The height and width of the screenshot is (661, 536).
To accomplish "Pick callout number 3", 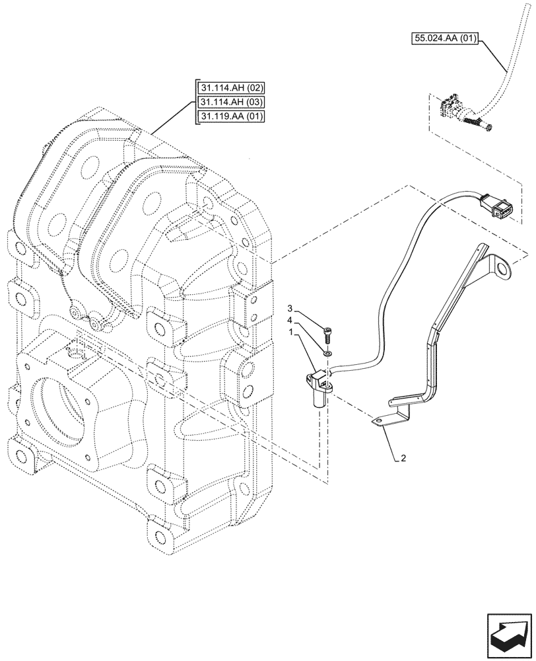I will [x=290, y=309].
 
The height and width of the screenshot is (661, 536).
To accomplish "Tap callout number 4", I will [x=290, y=322].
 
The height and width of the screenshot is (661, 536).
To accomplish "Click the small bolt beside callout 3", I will [x=328, y=334].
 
